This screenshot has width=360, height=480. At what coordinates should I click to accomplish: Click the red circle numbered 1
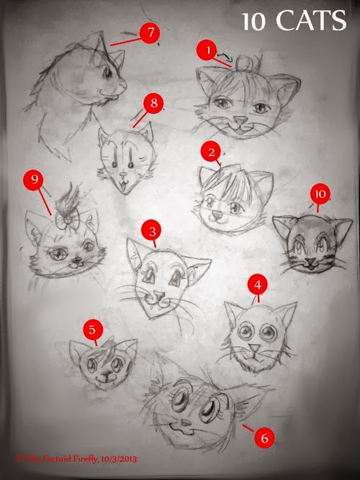[x=207, y=50]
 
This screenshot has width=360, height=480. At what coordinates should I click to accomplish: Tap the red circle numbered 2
[x=211, y=153]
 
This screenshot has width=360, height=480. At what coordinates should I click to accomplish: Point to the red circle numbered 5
[x=92, y=330]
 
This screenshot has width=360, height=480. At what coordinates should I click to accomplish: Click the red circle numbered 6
[x=264, y=437]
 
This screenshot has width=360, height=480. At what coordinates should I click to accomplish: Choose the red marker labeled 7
[x=150, y=34]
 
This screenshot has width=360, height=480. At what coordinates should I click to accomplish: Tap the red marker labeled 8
[x=153, y=103]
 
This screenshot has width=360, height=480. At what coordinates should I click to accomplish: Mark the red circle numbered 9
[x=32, y=178]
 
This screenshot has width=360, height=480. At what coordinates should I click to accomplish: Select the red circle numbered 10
[x=320, y=194]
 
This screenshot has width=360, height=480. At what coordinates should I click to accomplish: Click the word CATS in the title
[x=312, y=22]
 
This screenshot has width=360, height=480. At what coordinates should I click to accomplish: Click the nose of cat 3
[x=153, y=296]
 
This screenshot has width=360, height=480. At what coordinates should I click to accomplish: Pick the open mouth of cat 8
[x=125, y=186]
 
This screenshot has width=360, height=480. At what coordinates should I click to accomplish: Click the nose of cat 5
[x=105, y=370]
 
